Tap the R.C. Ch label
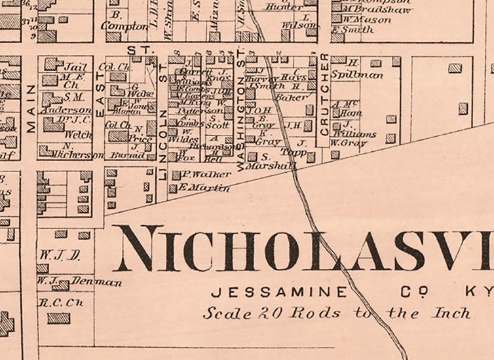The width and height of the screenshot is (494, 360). pyautogui.click(x=50, y=303)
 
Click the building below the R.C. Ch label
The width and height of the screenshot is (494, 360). pyautogui.click(x=58, y=318)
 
